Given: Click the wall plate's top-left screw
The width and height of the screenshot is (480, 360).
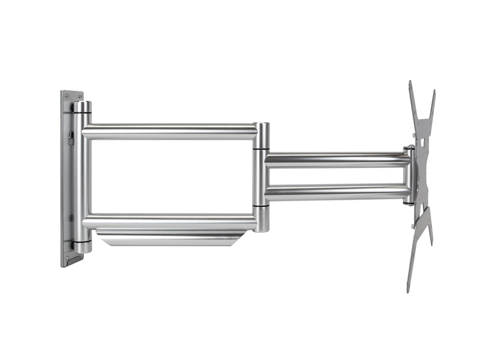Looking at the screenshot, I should click(64, 95).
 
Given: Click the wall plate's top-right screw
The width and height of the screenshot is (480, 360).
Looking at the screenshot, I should click(80, 95).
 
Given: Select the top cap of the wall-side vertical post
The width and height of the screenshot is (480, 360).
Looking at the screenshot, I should click(82, 106).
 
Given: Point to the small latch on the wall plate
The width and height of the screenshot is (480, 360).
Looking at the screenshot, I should click(69, 137).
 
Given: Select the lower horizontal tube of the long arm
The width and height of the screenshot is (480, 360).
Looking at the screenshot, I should click(171, 221).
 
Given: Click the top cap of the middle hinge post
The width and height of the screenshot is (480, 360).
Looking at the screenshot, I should click(261, 127).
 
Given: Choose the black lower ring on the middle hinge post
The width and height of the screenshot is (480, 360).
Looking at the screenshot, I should click(261, 206).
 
